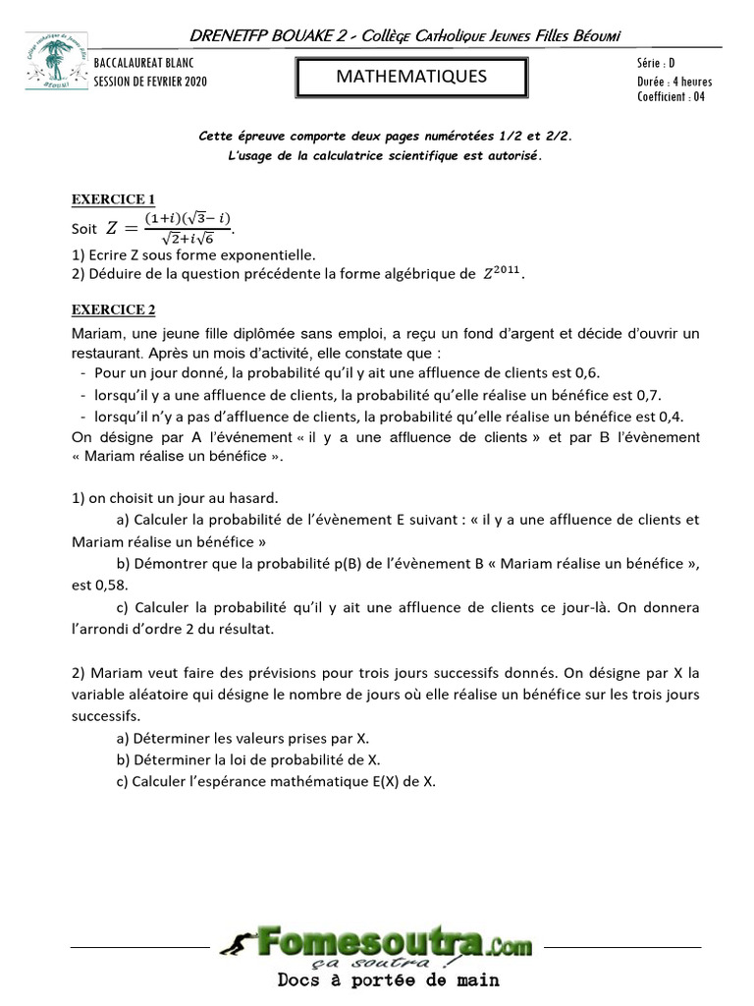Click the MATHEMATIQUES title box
(x=411, y=77)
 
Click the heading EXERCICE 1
(x=113, y=199)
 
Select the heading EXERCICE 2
(x=113, y=310)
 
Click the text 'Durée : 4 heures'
(x=673, y=82)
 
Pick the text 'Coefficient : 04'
(x=671, y=96)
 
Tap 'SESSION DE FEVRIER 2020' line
(x=150, y=82)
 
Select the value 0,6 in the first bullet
(x=587, y=373)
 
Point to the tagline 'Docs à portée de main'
(x=388, y=979)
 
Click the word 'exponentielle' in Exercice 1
(x=269, y=252)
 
